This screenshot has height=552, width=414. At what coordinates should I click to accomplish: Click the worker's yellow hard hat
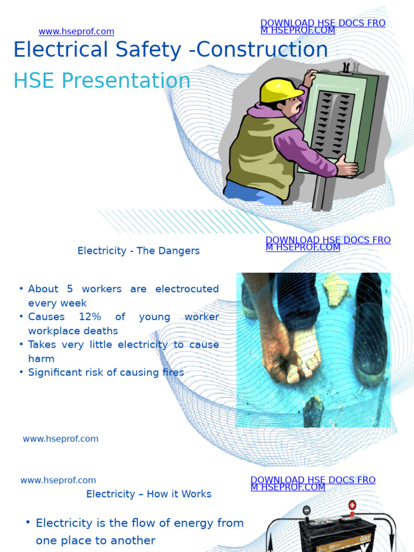point(280,91)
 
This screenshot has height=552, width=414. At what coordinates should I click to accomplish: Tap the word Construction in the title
point(262,50)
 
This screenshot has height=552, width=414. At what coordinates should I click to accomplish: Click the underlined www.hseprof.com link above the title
point(76,32)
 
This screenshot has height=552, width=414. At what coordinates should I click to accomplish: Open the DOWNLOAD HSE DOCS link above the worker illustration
point(322,26)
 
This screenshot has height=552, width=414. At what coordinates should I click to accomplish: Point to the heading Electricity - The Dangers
point(139,251)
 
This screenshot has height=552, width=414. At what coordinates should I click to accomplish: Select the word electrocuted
point(187,289)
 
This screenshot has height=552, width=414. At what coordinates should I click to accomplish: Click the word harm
point(41,358)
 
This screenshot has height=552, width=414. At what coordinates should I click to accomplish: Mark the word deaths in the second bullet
point(102,331)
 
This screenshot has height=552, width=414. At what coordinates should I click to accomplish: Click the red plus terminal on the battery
point(352,506)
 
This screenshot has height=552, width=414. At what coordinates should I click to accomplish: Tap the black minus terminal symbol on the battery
point(306,510)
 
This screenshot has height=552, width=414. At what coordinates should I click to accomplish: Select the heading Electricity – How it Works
point(149,494)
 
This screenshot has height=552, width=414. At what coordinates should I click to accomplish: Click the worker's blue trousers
point(251,193)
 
